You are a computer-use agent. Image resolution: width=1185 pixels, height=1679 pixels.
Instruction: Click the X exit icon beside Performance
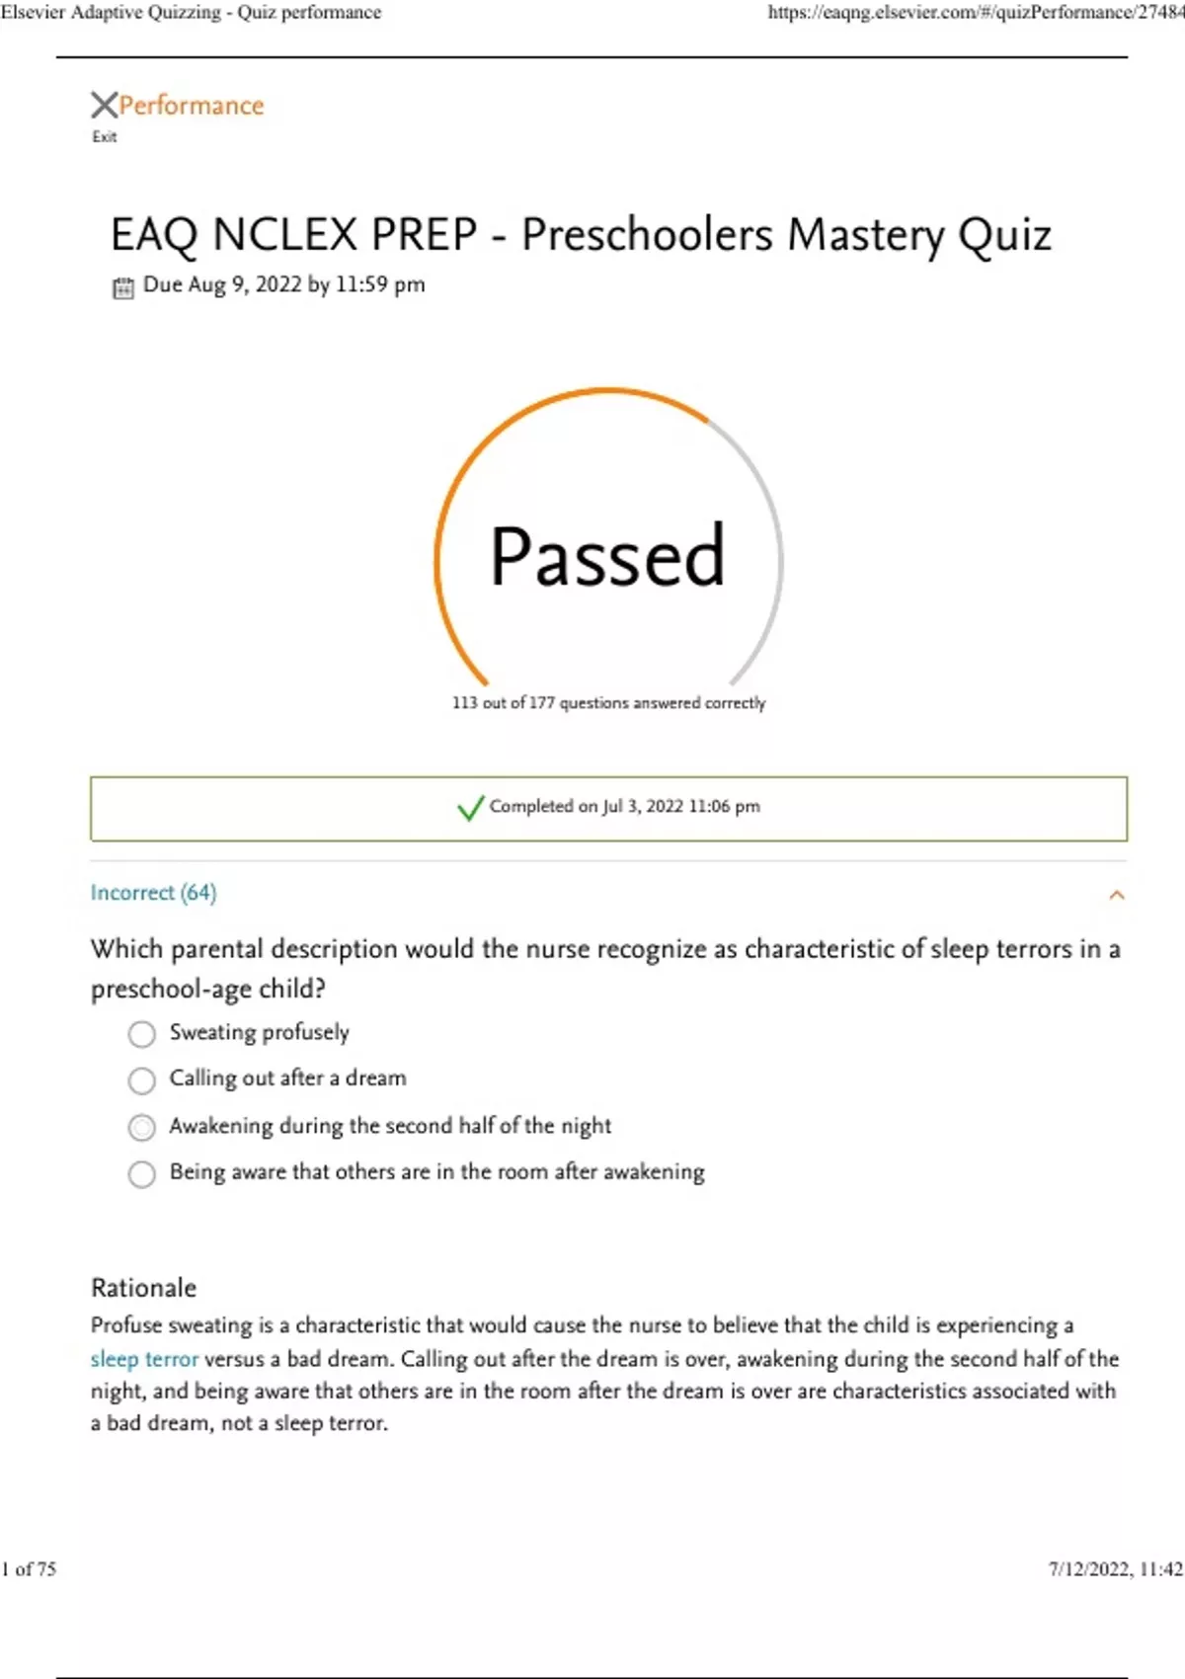[104, 105]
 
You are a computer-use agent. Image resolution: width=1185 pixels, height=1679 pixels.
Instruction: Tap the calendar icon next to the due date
[122, 287]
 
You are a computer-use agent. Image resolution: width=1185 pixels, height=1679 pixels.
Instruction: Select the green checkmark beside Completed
[470, 808]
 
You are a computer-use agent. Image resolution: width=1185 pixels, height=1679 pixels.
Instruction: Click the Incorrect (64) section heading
[153, 893]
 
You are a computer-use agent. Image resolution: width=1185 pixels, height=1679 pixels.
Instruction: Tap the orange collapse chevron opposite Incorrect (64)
[1117, 895]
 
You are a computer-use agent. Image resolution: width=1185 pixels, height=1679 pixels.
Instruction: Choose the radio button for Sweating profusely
[142, 1034]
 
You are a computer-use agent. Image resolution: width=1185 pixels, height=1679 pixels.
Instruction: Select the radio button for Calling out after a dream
[142, 1080]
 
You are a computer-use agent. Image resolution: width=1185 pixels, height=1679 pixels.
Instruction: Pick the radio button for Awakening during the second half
[142, 1127]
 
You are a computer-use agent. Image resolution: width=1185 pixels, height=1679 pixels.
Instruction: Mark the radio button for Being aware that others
[142, 1173]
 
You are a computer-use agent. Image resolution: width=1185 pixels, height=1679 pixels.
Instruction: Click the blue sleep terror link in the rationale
[144, 1359]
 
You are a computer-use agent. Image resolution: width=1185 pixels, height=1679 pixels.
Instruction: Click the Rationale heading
[143, 1288]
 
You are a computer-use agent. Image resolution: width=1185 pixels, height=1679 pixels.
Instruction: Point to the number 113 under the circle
[464, 703]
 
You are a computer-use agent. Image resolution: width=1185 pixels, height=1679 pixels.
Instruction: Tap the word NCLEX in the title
[285, 236]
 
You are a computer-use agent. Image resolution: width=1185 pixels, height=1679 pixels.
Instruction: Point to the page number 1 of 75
[29, 1569]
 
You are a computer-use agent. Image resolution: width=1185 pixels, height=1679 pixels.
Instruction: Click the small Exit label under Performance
[104, 137]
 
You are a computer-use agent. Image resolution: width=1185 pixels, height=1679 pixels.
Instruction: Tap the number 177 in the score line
[542, 703]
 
